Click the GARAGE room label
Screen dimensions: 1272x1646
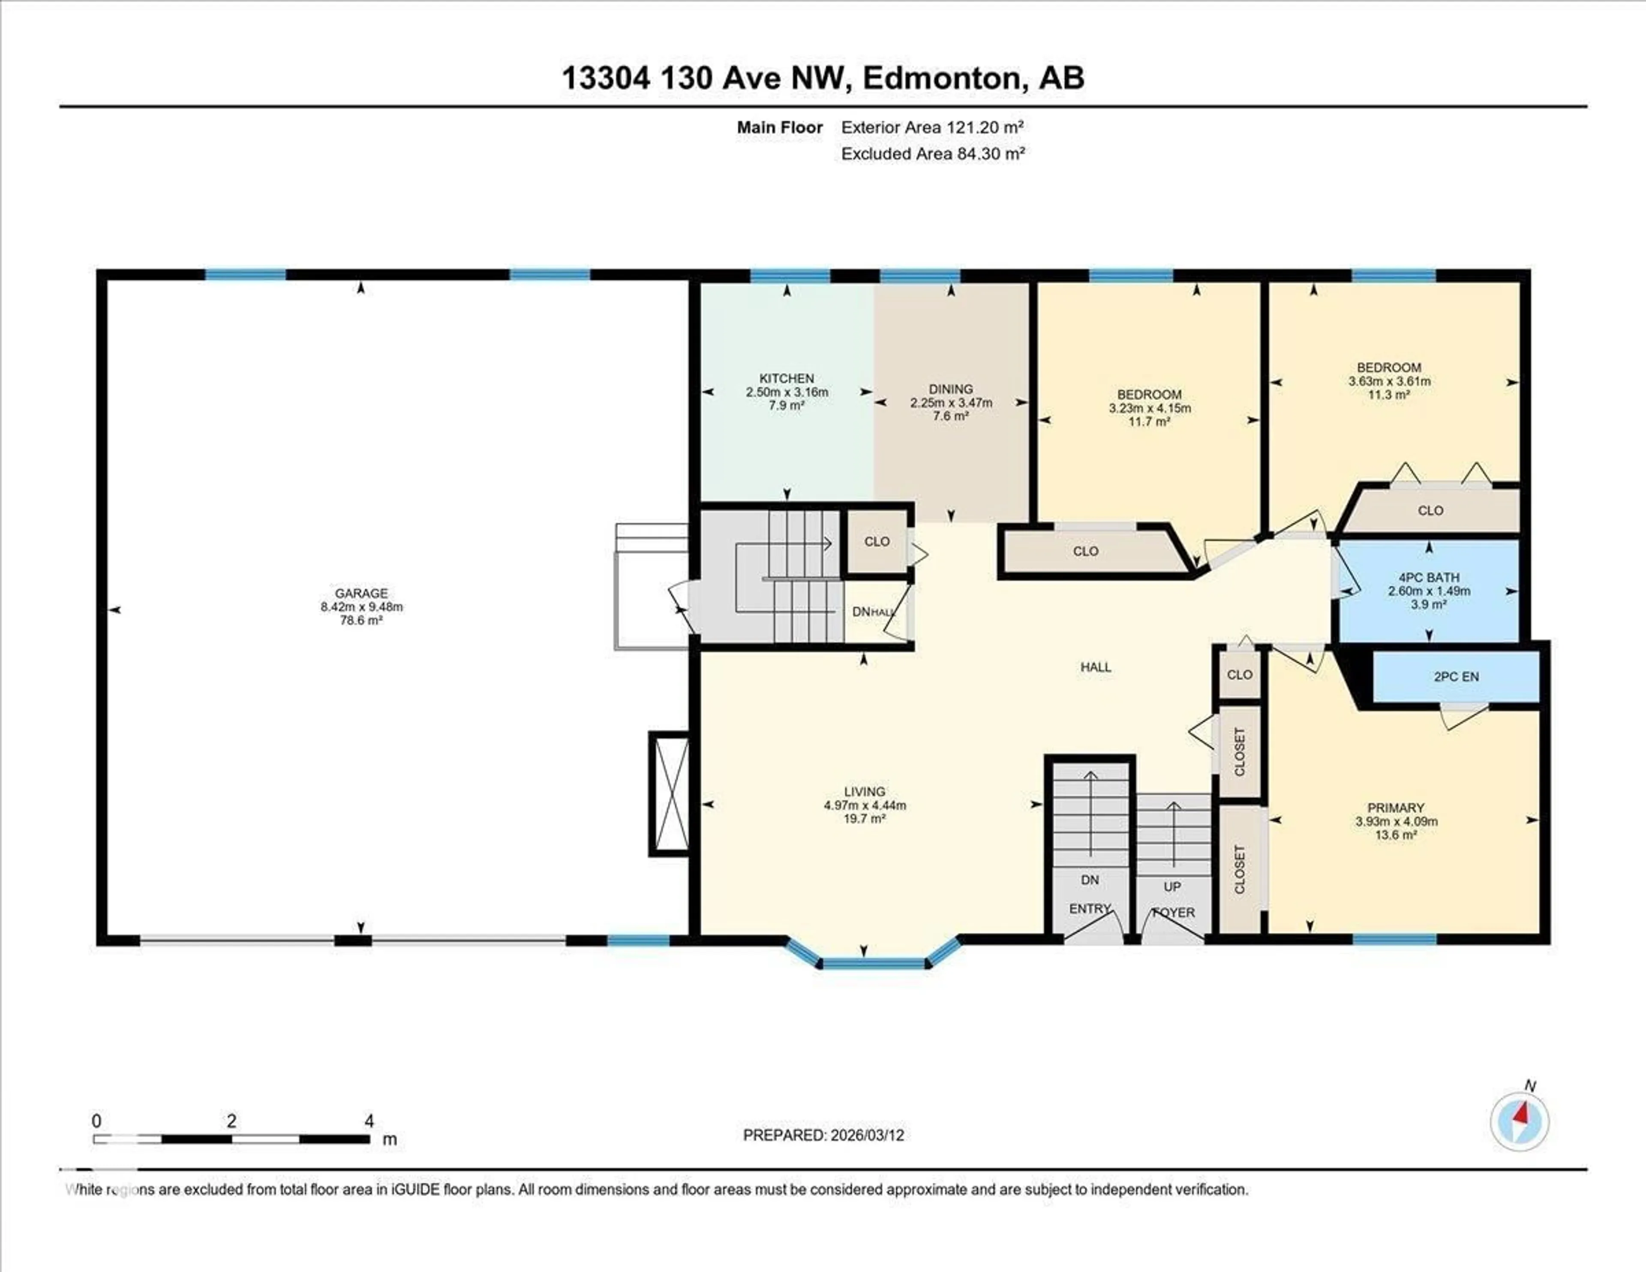click(x=361, y=594)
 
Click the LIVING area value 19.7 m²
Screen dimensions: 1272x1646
click(x=865, y=818)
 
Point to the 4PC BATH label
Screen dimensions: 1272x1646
click(x=1429, y=578)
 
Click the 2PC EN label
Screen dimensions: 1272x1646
click(x=1456, y=676)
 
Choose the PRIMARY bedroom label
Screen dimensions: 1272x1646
click(x=1396, y=808)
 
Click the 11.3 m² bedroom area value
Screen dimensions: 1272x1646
click(x=1388, y=395)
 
